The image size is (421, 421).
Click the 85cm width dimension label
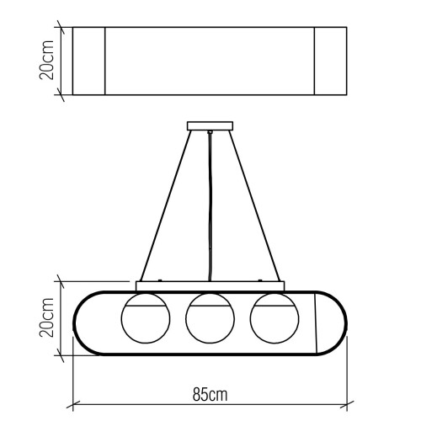click(210, 394)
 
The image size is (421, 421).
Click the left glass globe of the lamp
click(145, 319)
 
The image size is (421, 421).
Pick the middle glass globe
click(209, 319)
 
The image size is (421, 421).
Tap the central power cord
click(208, 210)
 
